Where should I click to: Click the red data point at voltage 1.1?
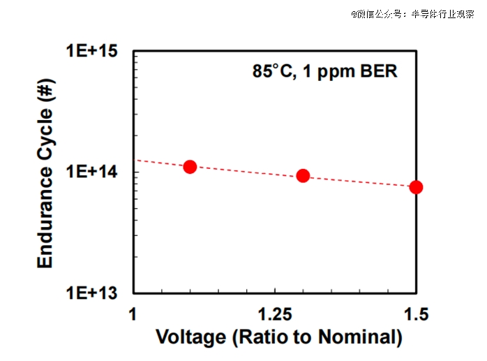[x=190, y=167]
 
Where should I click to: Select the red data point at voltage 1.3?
[x=303, y=176]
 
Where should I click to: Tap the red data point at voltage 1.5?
[x=416, y=187]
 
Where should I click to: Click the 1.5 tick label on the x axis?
[x=416, y=311]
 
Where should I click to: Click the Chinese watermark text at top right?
[x=412, y=13]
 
